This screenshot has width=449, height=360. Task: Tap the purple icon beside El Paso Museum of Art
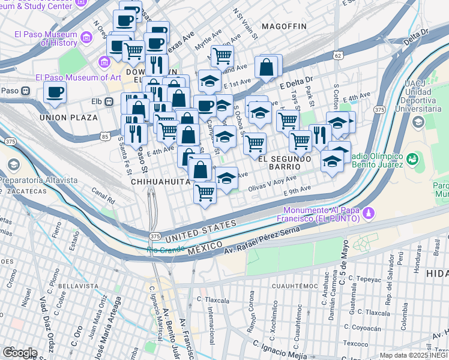tap(105, 62)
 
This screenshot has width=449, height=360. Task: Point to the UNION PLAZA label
tap(67, 118)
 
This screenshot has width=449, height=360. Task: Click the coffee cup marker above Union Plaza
tap(55, 92)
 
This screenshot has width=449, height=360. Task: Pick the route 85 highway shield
tap(105, 137)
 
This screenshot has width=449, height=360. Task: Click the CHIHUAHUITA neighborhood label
tap(155, 181)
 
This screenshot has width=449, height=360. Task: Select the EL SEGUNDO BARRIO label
tap(285, 163)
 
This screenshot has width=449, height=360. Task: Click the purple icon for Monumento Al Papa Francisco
tap(370, 213)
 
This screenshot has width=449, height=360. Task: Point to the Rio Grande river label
tap(166, 249)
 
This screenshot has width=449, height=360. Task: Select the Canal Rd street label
tap(104, 195)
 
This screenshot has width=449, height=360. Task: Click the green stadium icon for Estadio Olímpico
tap(412, 159)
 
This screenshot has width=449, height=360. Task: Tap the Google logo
tap(20, 352)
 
